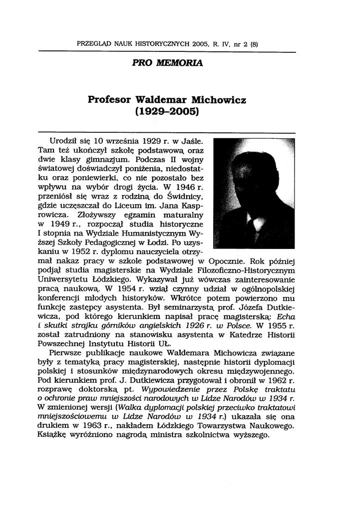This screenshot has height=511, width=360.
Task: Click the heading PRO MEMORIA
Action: [167, 63]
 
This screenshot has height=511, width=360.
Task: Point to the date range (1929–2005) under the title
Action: [167, 111]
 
